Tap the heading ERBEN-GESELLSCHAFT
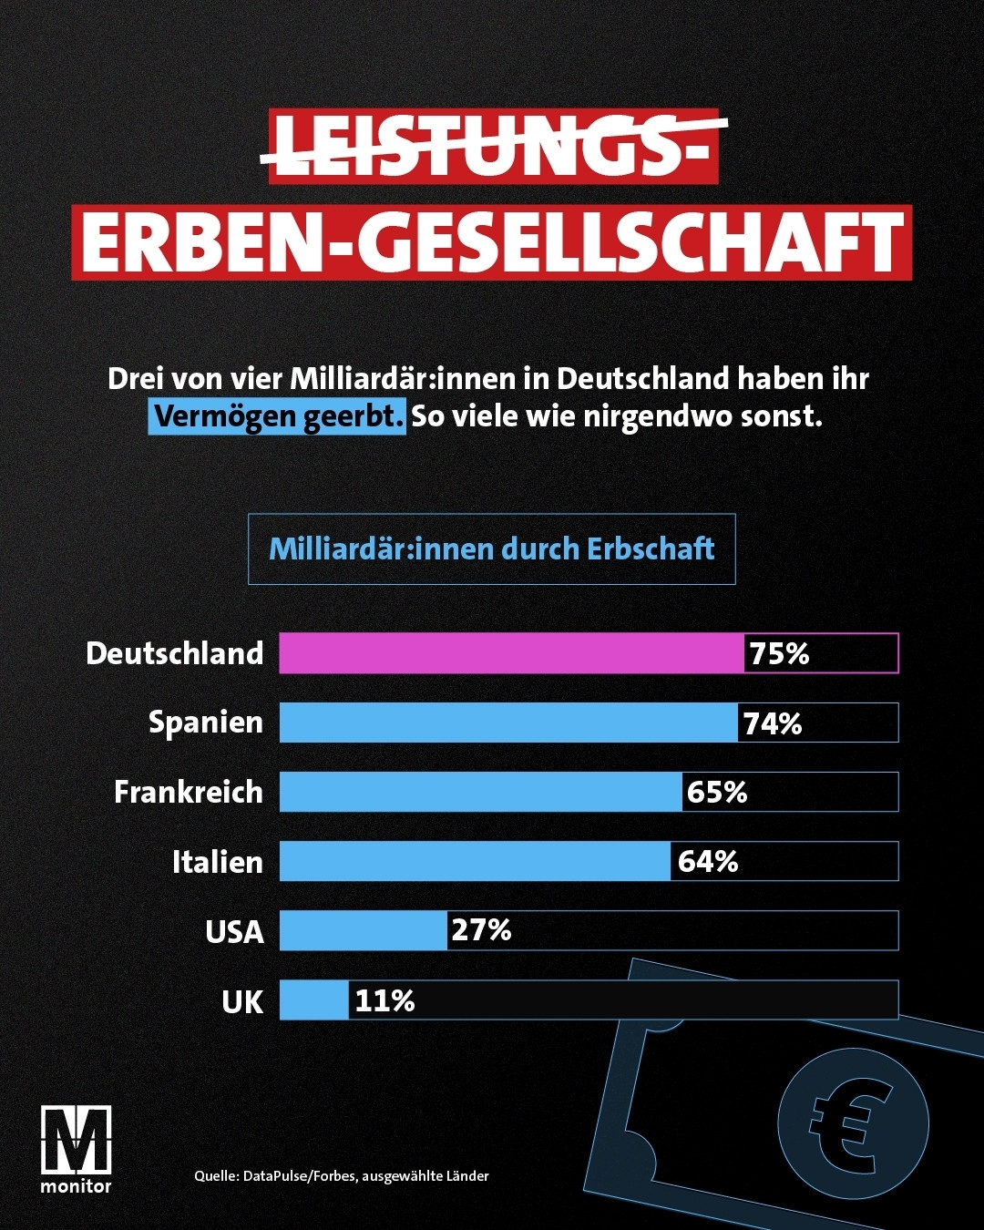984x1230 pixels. point(492,242)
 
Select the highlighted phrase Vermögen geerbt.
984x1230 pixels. point(277,416)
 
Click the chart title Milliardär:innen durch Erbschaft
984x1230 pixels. point(491,548)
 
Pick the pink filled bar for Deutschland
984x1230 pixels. point(511,653)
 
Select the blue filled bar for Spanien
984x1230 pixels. point(508,723)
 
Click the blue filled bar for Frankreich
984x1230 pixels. point(480,792)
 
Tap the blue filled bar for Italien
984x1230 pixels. point(475,861)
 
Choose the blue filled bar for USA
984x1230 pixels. point(363,930)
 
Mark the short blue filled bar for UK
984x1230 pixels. point(313,1000)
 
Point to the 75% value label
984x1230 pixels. point(779,653)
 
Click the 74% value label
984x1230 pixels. point(773,723)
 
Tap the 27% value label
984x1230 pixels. point(481,930)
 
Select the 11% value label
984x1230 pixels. point(384,1000)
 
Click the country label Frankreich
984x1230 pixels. point(189,792)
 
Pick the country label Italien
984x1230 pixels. point(218,862)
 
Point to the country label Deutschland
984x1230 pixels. point(175,653)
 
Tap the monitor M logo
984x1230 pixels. point(76,1141)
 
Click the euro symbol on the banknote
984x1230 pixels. point(853,1122)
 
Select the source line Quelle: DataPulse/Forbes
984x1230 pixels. point(342,1176)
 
